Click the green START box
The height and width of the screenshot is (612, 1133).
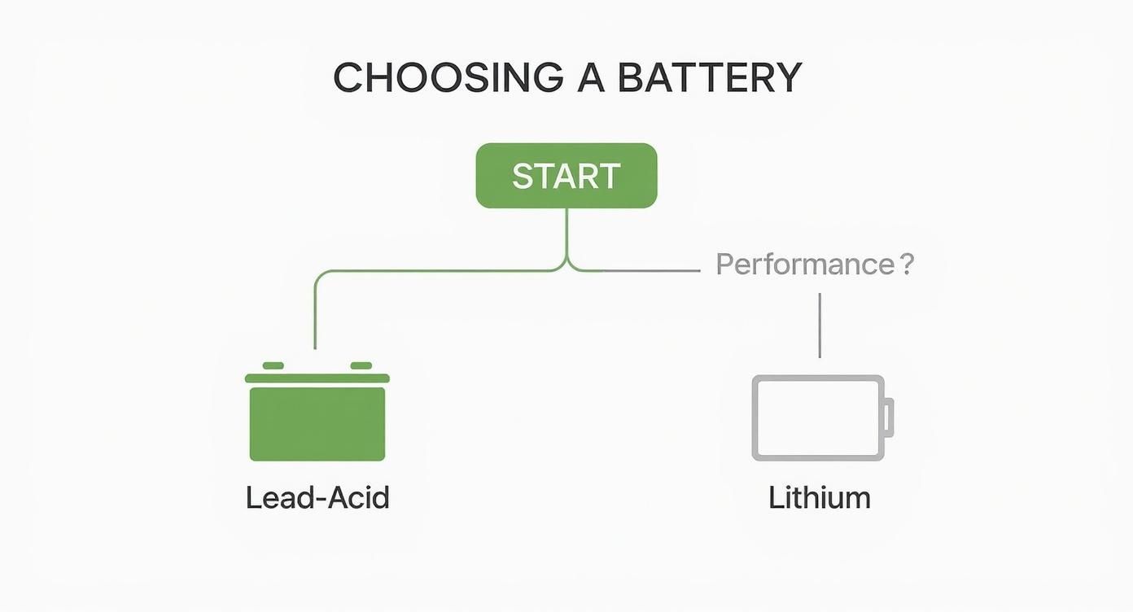(566, 176)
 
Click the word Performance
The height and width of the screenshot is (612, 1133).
(804, 264)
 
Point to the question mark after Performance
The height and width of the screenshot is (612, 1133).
(908, 264)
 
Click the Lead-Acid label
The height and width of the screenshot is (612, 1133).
(317, 497)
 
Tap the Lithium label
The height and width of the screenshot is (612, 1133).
(819, 497)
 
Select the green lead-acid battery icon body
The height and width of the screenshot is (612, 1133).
(317, 424)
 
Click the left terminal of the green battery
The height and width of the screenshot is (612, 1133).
(273, 366)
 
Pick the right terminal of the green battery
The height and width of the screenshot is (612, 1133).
(361, 366)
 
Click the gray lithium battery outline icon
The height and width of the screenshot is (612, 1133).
(817, 417)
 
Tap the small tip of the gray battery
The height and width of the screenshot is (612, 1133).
(890, 417)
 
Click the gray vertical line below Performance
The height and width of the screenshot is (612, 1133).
(819, 326)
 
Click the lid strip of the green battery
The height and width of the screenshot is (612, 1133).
(317, 378)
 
